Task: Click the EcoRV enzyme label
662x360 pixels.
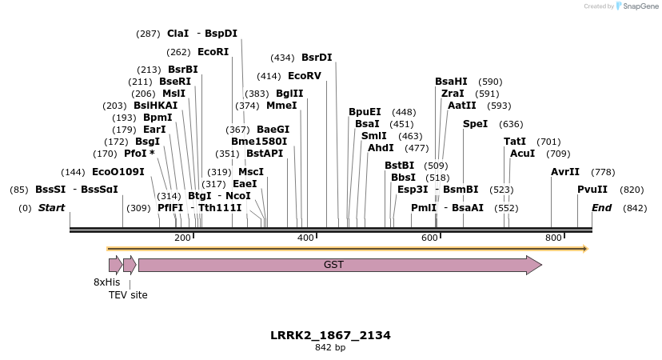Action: pos(304,76)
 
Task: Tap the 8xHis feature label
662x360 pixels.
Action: pos(106,282)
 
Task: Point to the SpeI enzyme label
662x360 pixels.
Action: pos(475,124)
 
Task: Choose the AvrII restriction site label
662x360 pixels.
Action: pos(565,172)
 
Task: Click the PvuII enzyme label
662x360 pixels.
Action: pos(592,190)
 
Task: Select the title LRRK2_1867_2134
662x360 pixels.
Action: pos(330,335)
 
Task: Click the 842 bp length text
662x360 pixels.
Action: pos(330,348)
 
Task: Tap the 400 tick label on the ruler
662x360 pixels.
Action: pos(306,238)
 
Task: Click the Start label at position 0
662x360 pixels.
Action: pos(51,208)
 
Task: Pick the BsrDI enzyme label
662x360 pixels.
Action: pos(317,58)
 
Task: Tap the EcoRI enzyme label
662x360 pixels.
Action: pos(213,52)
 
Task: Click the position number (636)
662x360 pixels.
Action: pos(511,124)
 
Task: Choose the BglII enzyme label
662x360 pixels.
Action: pos(289,94)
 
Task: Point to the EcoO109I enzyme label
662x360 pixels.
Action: pos(118,172)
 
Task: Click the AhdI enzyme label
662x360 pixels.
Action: pos(381,148)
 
